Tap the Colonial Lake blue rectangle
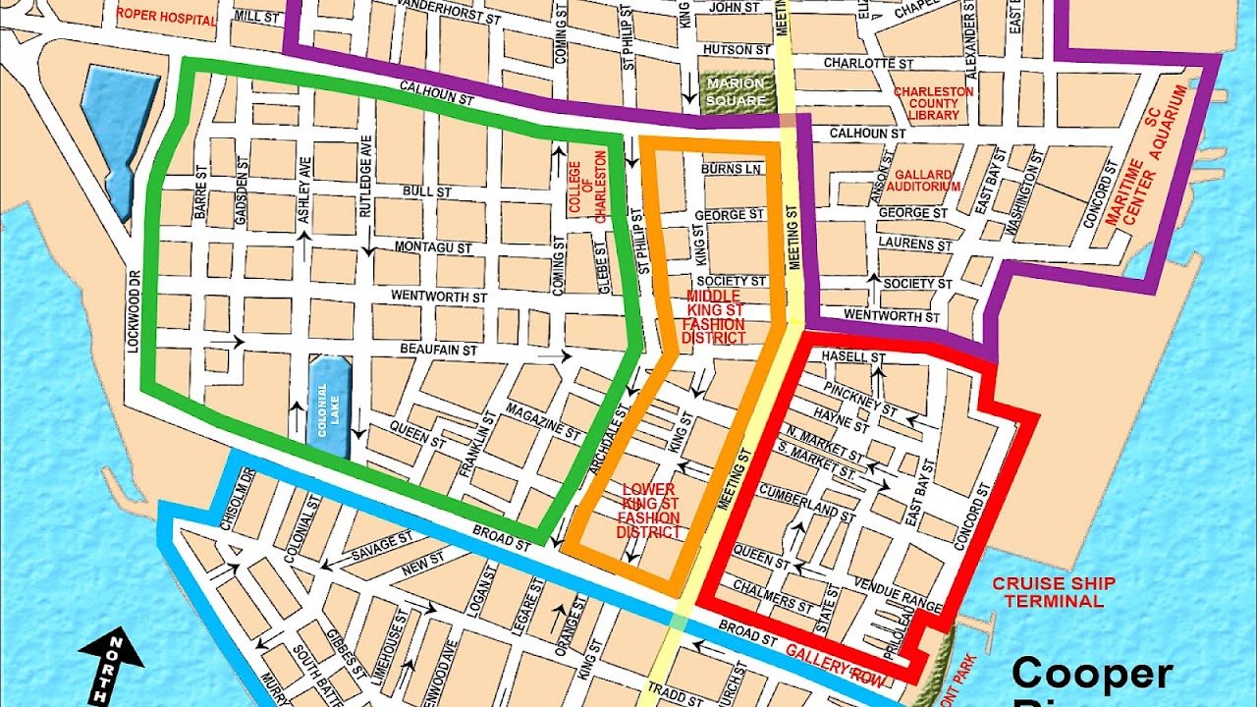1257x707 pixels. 329,407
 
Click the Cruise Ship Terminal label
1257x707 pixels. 1054,592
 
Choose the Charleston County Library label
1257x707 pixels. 932,103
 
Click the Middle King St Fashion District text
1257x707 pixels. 714,316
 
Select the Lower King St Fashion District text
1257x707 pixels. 648,511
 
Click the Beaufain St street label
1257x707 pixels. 438,350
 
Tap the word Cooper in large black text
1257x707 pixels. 1092,675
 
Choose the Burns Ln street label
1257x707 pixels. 732,169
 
